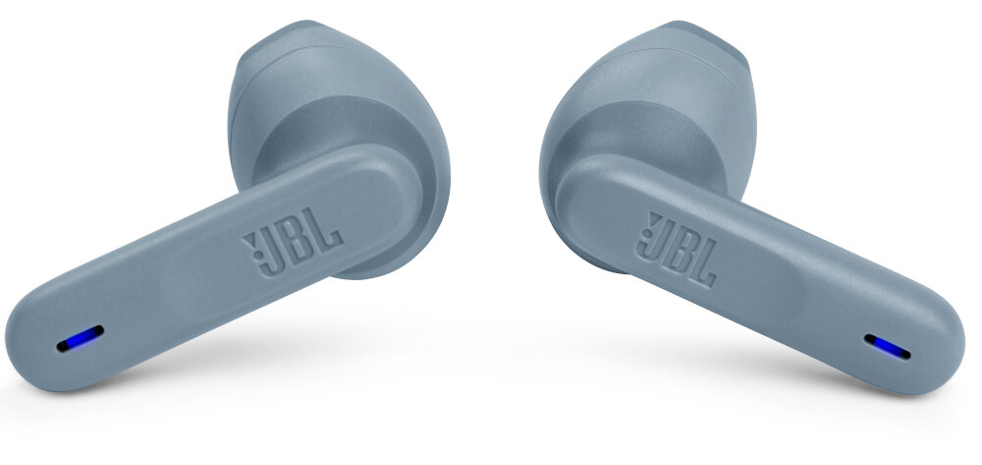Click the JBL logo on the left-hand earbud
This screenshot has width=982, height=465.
293,242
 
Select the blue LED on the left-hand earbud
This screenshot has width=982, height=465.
81,338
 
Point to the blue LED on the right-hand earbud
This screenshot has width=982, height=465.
888,347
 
